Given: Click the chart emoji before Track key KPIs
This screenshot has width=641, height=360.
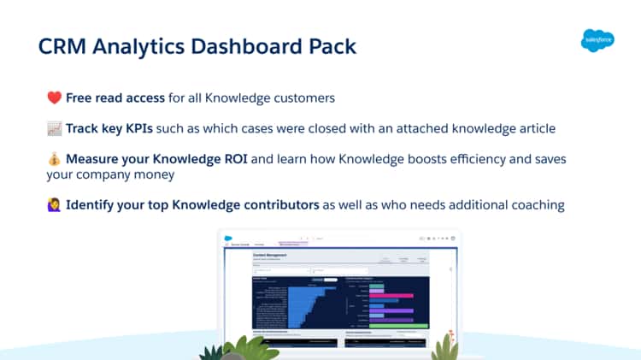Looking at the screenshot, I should (53, 128).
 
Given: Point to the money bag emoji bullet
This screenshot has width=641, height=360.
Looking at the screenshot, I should (53, 160).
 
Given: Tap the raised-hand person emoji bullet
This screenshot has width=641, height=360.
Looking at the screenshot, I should (53, 205).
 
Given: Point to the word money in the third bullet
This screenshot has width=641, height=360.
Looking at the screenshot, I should (157, 174).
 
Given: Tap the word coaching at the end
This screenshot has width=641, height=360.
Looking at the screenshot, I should (536, 205).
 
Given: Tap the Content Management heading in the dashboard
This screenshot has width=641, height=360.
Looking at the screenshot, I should (271, 255).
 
